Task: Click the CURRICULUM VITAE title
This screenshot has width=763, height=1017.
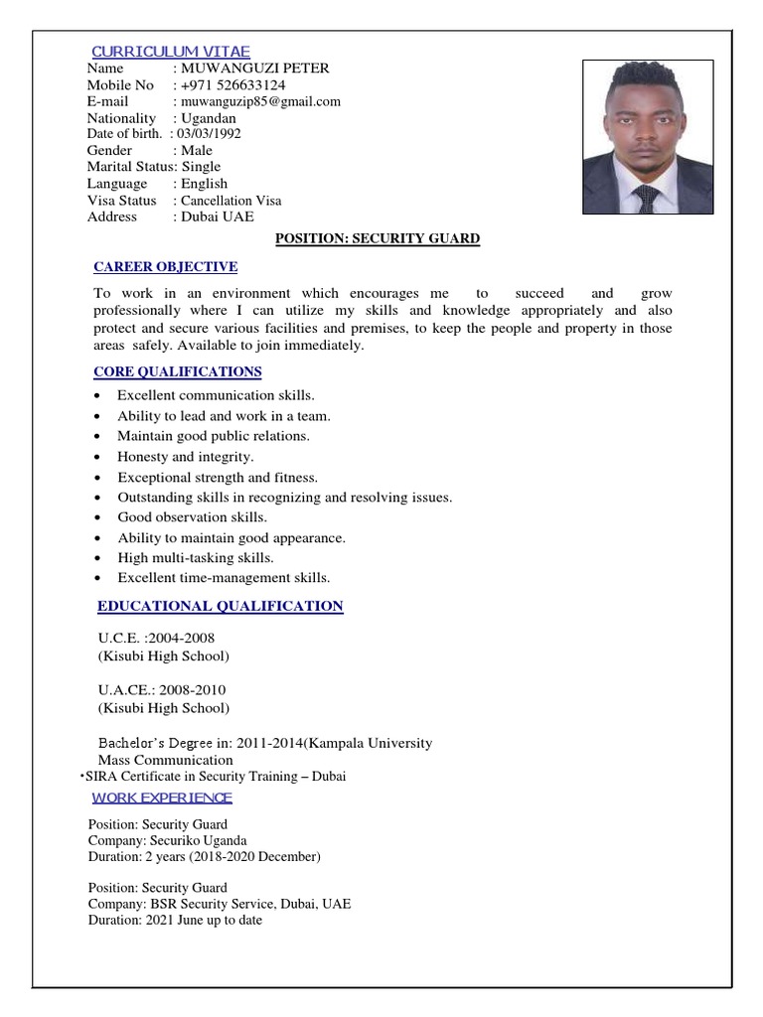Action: click(170, 52)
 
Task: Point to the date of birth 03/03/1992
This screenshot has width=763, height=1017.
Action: click(209, 133)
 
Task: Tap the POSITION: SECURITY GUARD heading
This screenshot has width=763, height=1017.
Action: click(377, 239)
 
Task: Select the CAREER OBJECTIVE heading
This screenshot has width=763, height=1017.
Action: click(165, 267)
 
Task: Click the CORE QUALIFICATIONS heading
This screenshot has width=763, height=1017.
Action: click(178, 372)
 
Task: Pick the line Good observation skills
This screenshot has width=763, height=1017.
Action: click(193, 517)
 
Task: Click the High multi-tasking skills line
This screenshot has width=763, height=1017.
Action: click(196, 558)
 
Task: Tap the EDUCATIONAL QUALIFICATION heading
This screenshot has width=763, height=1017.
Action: click(220, 607)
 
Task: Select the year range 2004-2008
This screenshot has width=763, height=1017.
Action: click(181, 638)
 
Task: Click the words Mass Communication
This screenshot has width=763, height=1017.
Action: click(165, 761)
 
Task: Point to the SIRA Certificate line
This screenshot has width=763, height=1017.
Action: click(215, 777)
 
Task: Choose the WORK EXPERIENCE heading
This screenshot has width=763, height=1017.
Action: click(162, 798)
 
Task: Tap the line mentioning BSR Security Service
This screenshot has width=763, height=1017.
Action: click(219, 904)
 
